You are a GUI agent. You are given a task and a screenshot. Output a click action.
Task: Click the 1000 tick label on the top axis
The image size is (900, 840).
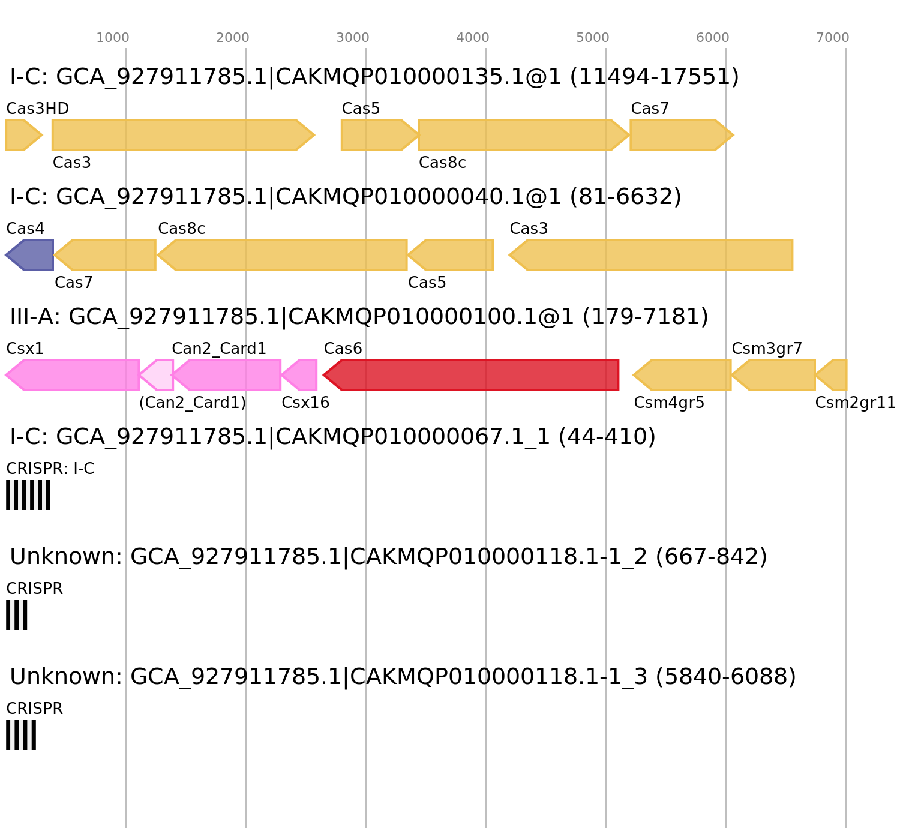tap(113, 38)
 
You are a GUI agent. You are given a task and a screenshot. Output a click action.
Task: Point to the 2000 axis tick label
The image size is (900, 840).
tap(233, 38)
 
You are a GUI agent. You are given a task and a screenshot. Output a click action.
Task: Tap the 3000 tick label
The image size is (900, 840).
tap(353, 38)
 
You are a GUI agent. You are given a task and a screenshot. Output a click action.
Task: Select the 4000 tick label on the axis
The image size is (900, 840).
tap(473, 38)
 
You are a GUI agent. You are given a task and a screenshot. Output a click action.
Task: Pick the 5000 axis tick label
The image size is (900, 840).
tap(593, 38)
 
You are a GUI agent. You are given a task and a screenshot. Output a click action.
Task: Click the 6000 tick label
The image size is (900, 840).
tap(713, 38)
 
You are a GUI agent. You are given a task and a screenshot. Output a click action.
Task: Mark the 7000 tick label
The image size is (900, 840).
tap(833, 38)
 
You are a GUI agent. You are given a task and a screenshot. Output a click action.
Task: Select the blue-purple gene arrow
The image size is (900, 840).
tap(30, 255)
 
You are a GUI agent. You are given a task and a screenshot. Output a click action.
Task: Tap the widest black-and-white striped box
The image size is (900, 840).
tap(28, 495)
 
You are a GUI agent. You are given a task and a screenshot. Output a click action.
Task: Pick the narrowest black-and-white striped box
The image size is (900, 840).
tap(17, 615)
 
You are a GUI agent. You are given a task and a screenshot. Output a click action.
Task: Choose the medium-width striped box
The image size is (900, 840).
tap(21, 735)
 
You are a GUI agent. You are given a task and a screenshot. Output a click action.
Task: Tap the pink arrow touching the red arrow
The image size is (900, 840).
tap(301, 375)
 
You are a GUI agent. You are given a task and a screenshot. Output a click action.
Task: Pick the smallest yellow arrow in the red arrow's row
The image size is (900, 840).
tap(832, 375)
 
